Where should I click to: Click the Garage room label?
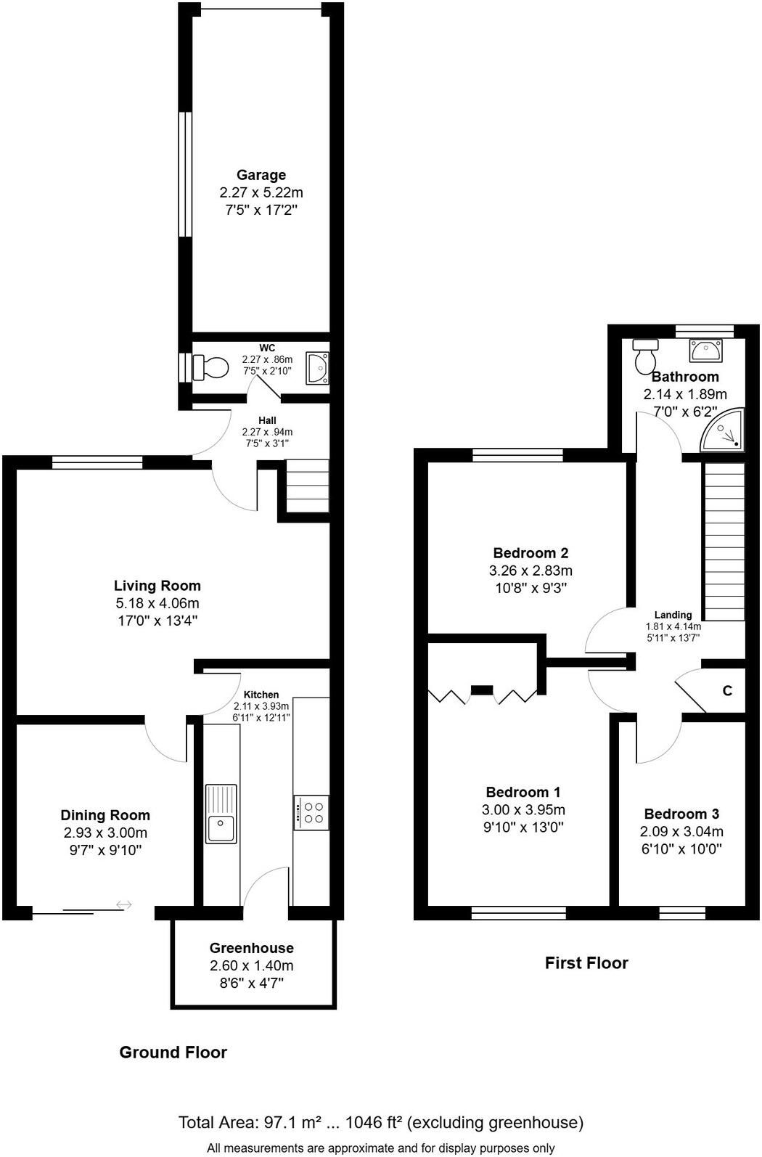pyautogui.click(x=261, y=175)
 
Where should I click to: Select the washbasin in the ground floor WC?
pyautogui.click(x=317, y=367)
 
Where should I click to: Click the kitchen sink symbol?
pyautogui.click(x=221, y=814)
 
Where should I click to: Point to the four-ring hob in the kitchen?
pyautogui.click(x=312, y=813)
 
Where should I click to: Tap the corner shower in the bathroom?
pyautogui.click(x=724, y=431)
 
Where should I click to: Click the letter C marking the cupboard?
pyautogui.click(x=727, y=691)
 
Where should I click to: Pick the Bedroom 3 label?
pyautogui.click(x=681, y=814)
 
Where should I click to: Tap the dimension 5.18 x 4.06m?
pyautogui.click(x=157, y=603)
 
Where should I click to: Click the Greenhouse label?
pyautogui.click(x=252, y=948)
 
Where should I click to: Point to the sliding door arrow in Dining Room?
pyautogui.click(x=124, y=904)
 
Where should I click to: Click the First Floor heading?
pyautogui.click(x=586, y=963)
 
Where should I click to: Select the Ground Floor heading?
pyautogui.click(x=173, y=1052)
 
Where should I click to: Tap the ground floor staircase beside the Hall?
pyautogui.click(x=307, y=486)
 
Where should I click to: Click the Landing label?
pyautogui.click(x=673, y=615)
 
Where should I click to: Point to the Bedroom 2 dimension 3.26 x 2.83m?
pyautogui.click(x=530, y=571)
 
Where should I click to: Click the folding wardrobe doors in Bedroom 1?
pyautogui.click(x=483, y=695)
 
